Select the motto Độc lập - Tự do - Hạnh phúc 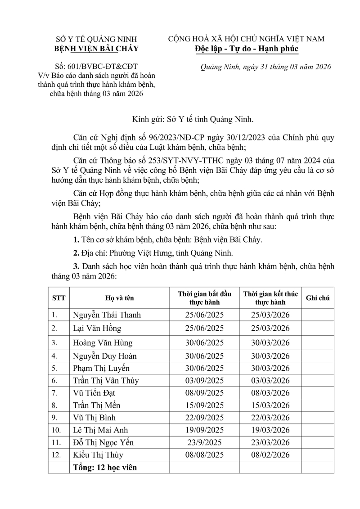pos(246,49)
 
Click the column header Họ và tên pos(119,298)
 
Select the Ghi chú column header pos(318,298)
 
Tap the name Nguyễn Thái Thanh pos(107,315)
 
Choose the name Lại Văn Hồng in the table pos(97,328)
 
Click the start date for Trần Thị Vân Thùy pos(204,380)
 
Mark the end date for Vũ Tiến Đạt pos(270,393)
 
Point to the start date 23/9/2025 pos(204,442)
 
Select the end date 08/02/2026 pos(270,455)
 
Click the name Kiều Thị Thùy pos(98,455)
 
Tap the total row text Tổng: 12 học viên pos(105,468)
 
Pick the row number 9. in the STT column pos(55,418)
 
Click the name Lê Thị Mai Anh pos(100,430)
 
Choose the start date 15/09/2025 pos(204,405)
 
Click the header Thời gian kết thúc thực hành pos(270,298)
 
